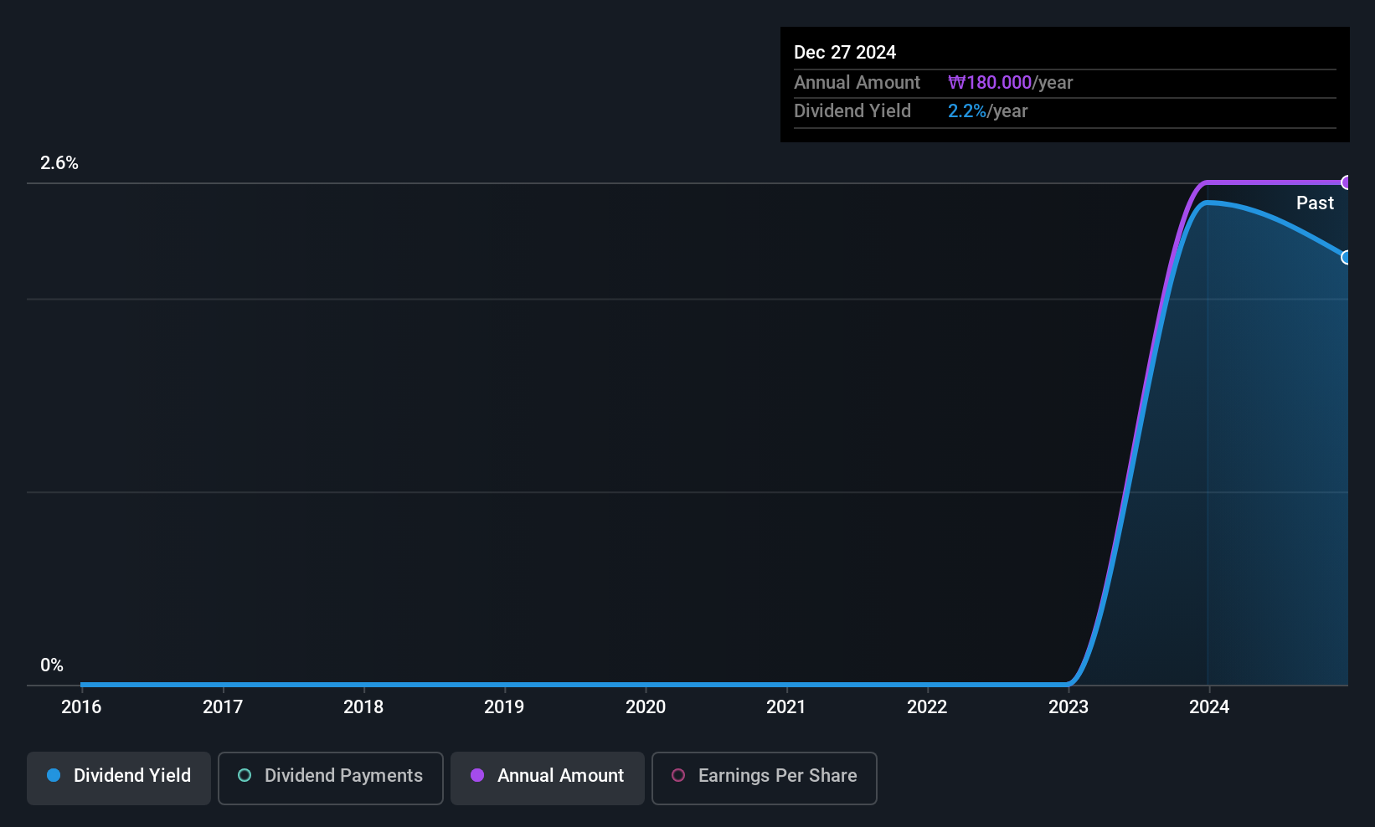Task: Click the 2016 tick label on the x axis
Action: tap(81, 706)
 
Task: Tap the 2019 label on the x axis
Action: tap(504, 706)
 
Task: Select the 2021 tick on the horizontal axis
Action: tap(786, 706)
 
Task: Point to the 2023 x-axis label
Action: tap(1069, 706)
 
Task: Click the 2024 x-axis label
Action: tap(1209, 706)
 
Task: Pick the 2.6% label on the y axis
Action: tap(59, 163)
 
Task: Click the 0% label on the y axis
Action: tap(52, 665)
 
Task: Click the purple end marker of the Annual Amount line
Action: tap(1347, 182)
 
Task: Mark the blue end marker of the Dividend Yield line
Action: tap(1347, 257)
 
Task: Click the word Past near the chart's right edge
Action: tap(1315, 203)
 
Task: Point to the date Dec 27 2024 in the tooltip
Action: tap(845, 53)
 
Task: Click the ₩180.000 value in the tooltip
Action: tap(990, 83)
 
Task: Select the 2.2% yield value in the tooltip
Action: tap(967, 111)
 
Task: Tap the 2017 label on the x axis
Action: tap(223, 706)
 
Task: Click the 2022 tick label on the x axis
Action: tap(927, 706)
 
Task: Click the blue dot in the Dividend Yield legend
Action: tap(54, 776)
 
